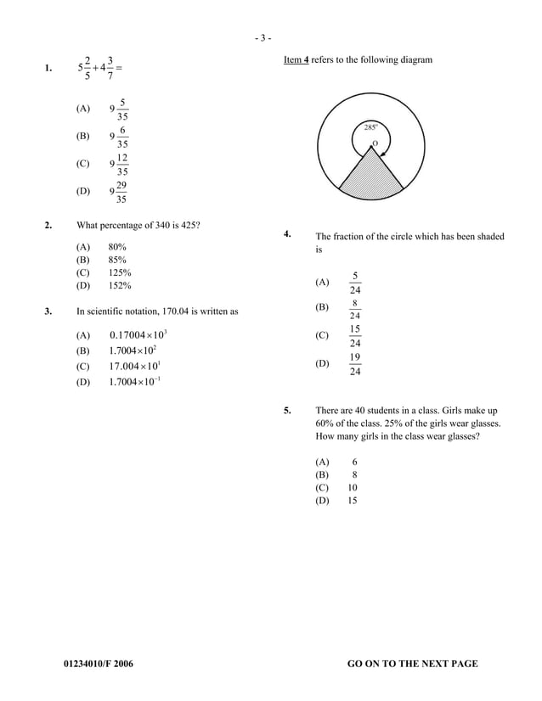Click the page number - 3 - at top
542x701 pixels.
tap(263, 37)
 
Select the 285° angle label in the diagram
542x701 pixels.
tap(371, 127)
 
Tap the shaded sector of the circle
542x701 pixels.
tap(370, 179)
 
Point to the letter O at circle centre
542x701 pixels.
tap(374, 144)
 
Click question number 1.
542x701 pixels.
tap(50, 68)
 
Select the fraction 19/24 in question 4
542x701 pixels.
tap(355, 365)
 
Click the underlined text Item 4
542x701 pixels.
tap(296, 59)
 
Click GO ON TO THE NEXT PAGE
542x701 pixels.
tap(413, 664)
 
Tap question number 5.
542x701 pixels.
tap(288, 410)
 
